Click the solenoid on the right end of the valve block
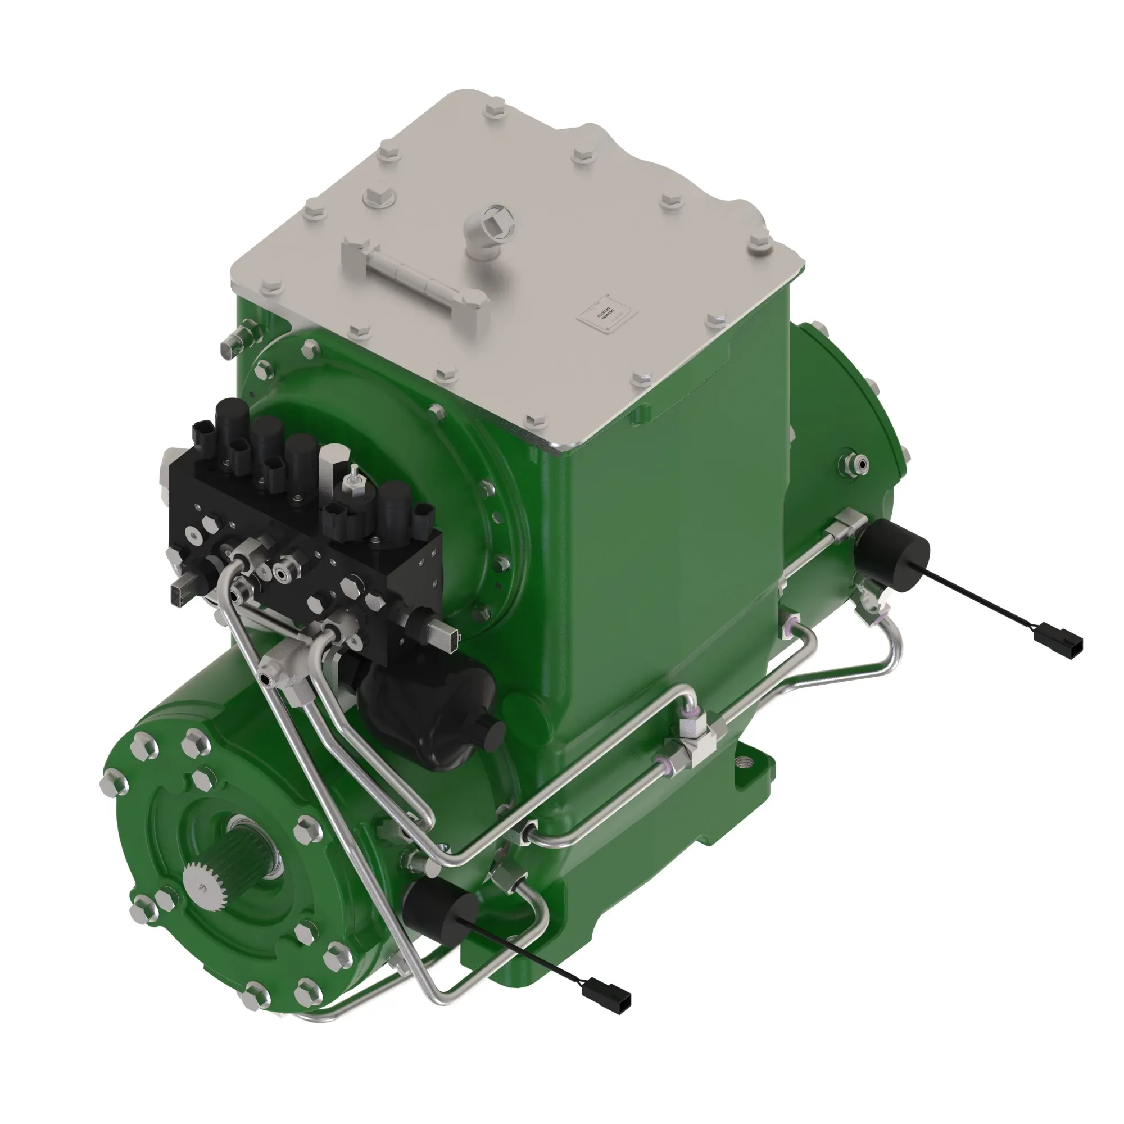[393, 503]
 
